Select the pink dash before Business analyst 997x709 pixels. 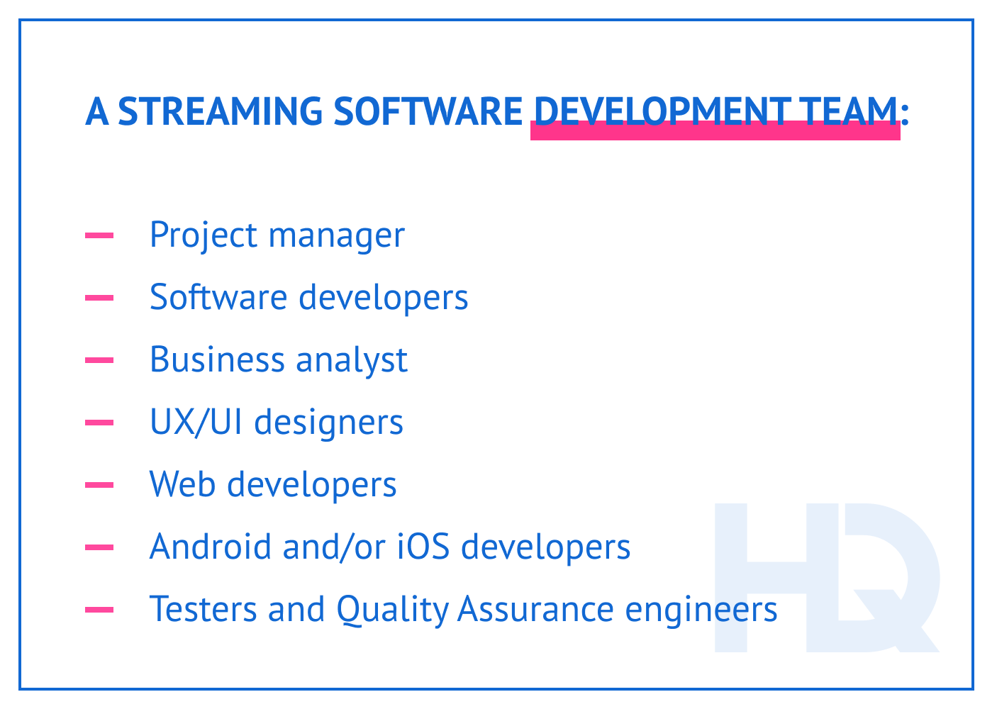(99, 361)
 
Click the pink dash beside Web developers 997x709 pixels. (99, 486)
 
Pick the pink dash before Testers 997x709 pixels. (99, 610)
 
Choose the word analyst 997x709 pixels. (351, 360)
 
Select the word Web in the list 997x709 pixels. (182, 484)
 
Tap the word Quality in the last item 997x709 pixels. (392, 610)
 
